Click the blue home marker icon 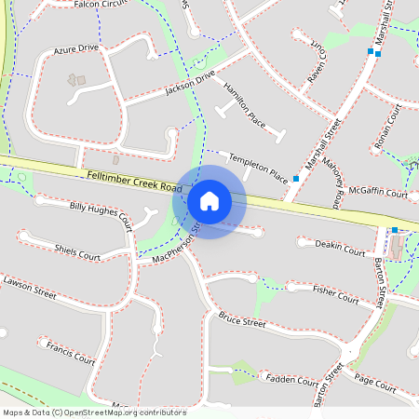click(209, 201)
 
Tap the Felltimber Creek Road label click(130, 182)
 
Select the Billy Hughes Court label click(101, 213)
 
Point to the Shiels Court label click(77, 251)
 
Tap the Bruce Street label click(242, 321)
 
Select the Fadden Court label click(292, 379)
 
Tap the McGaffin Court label click(377, 192)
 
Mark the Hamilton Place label click(245, 105)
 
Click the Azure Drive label click(75, 47)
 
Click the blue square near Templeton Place click(296, 177)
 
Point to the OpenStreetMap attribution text click(94, 412)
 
